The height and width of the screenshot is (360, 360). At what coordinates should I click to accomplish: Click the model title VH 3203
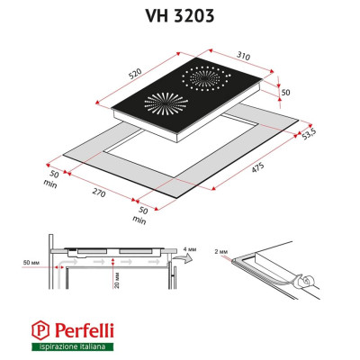179,14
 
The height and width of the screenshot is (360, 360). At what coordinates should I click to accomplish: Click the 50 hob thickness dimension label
285,93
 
